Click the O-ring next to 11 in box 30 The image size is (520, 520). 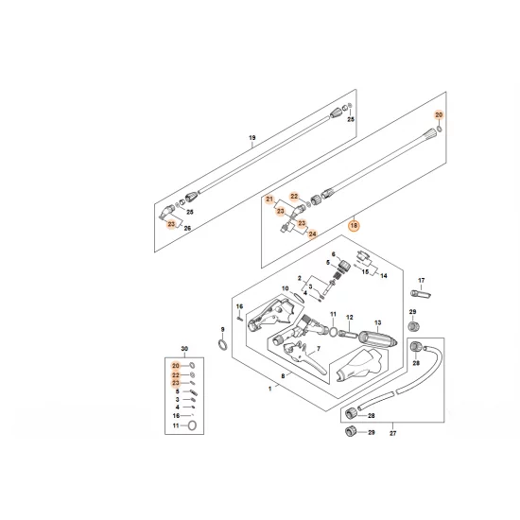(193, 426)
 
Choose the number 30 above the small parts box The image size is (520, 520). (183, 350)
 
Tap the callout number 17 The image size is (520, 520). (423, 280)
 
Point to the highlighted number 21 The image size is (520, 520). (269, 199)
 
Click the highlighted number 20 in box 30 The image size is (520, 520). (176, 365)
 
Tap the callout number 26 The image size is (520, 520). (187, 228)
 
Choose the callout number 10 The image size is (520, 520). (285, 287)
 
